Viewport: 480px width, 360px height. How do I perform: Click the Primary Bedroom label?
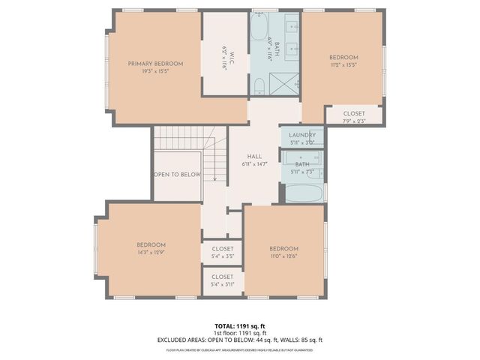tap(154, 64)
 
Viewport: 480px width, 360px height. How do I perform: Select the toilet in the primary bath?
tap(259, 88)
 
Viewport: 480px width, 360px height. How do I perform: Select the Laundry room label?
tap(302, 136)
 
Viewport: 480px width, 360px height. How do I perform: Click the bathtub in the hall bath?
tap(303, 193)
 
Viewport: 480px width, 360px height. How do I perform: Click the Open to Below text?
tap(177, 174)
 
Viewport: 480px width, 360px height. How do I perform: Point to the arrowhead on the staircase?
tap(214, 180)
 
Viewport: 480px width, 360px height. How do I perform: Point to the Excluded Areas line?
tap(240, 340)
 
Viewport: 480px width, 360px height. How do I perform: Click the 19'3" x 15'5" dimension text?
tap(154, 72)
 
